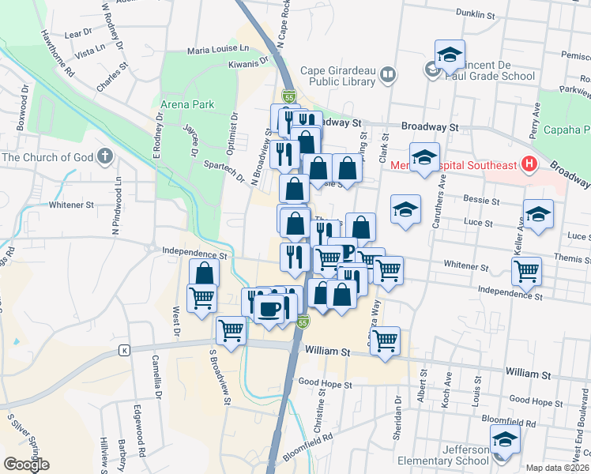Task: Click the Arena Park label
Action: point(187,104)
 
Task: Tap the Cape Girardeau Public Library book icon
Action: point(387,75)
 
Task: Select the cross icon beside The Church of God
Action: point(104,156)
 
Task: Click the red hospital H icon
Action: point(529,165)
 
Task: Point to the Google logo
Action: point(26,465)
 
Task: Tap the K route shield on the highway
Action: point(124,350)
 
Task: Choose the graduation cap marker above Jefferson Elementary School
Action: point(504,438)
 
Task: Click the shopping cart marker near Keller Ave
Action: point(526,271)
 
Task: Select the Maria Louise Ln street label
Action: point(217,49)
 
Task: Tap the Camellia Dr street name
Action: point(156,375)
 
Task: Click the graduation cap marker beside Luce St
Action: point(538,214)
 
